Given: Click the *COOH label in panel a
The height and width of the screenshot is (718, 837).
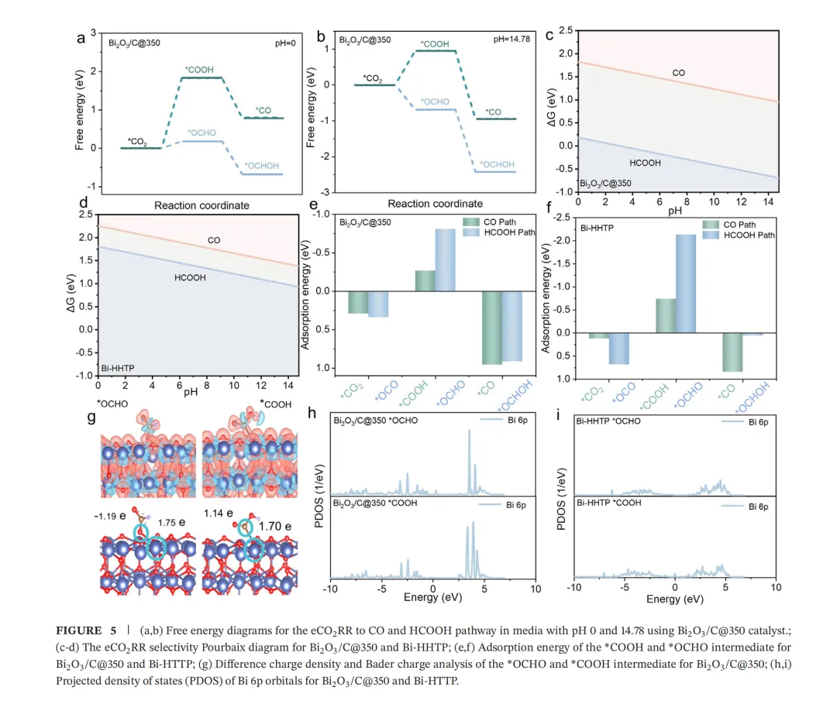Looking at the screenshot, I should coord(201,70).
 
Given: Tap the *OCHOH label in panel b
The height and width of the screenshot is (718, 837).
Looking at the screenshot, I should coord(498,164).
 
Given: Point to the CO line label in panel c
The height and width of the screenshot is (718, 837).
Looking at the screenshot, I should coord(678,73).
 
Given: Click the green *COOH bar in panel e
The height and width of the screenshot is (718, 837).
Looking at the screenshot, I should coord(425,280).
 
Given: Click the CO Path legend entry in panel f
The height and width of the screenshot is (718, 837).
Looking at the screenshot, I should coord(742,224).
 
